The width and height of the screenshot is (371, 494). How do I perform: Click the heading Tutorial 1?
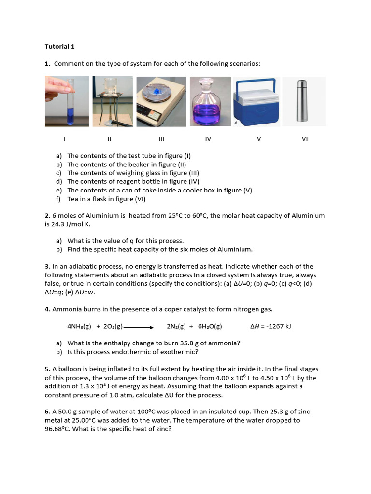[x=60, y=47]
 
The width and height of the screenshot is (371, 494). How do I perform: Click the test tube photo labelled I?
[x=67, y=101]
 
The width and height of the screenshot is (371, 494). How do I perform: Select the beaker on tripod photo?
[x=113, y=101]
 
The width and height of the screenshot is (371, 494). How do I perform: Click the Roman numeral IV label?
[x=208, y=139]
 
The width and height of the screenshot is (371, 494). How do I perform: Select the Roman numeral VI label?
[x=304, y=139]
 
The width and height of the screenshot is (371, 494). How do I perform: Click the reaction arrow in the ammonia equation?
[x=139, y=327]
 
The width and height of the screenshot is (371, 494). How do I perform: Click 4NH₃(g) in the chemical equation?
[x=79, y=327]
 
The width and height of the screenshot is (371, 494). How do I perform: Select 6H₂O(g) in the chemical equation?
[x=210, y=327]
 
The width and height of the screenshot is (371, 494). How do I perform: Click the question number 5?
[x=47, y=369]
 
